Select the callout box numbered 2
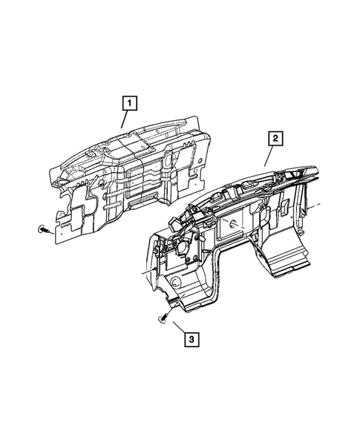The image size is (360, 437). [x=275, y=137]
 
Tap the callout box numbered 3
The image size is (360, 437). [x=191, y=340]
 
